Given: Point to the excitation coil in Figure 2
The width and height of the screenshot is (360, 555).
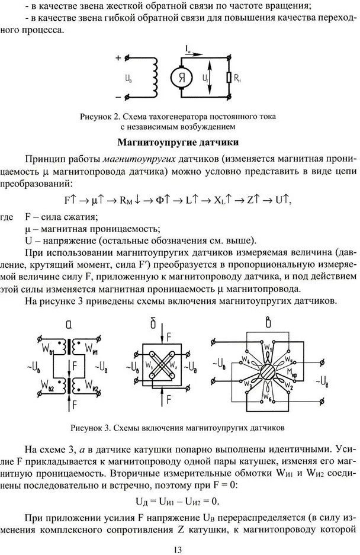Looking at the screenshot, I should pyautogui.click(x=156, y=76).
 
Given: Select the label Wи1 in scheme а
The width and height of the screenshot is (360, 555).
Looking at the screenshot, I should pyautogui.click(x=89, y=345).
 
